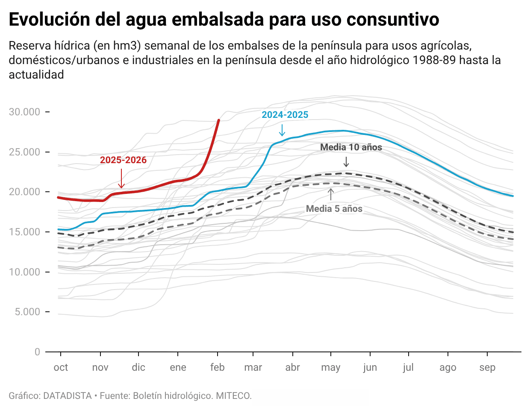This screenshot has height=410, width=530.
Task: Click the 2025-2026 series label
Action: tap(123, 160)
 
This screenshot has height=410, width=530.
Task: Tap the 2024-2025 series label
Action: tap(285, 115)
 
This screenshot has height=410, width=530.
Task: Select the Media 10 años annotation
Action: tap(351, 147)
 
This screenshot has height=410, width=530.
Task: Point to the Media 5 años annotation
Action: tap(334, 209)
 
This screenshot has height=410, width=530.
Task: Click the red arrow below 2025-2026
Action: tap(121, 179)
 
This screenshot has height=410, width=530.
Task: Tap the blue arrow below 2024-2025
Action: tap(282, 130)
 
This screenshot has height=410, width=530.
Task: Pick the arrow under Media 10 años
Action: tap(346, 162)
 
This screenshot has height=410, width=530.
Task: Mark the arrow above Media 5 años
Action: tap(331, 194)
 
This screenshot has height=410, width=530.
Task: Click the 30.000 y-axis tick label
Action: tap(25, 112)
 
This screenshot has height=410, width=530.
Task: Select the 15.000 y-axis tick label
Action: tap(25, 232)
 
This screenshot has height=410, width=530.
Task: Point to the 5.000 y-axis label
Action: tap(27, 312)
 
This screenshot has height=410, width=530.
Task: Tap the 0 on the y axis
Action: tap(37, 352)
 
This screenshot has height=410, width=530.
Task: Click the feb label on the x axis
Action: tap(218, 367)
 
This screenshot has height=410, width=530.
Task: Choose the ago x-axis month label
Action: tap(448, 367)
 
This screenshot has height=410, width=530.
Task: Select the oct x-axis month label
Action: tap(61, 367)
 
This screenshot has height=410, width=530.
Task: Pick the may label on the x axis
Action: tap(331, 367)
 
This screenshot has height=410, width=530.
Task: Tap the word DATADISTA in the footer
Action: tap(68, 396)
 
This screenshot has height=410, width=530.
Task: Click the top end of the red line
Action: tap(219, 120)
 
